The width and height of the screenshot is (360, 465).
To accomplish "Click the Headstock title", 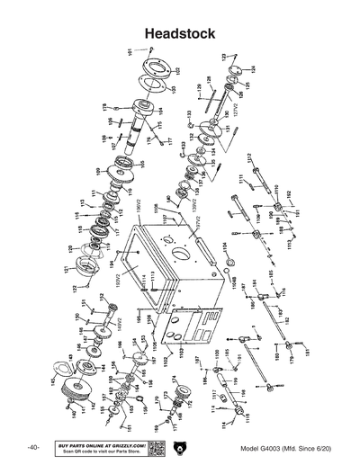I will click(180, 32).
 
